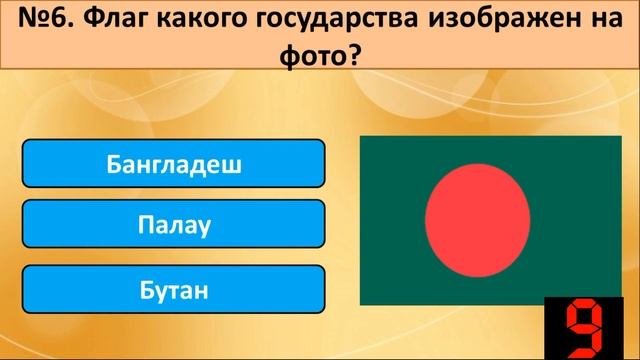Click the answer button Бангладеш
tap(173, 163)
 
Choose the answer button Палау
tap(173, 227)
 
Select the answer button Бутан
tap(173, 291)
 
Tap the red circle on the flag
tap(477, 221)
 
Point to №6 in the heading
tap(44, 22)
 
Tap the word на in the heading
tap(589, 22)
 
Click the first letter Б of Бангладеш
tap(113, 163)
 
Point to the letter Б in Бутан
tap(147, 291)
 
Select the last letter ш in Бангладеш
tap(234, 163)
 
